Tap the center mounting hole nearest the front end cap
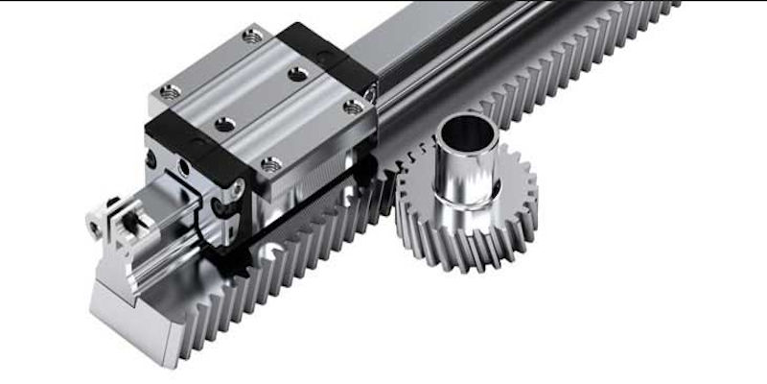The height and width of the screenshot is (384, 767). click(x=224, y=124)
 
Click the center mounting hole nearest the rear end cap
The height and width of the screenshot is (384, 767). click(x=298, y=73)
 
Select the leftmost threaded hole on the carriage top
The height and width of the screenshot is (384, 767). click(x=170, y=92)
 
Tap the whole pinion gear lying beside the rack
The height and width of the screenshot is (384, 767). click(x=467, y=192)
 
